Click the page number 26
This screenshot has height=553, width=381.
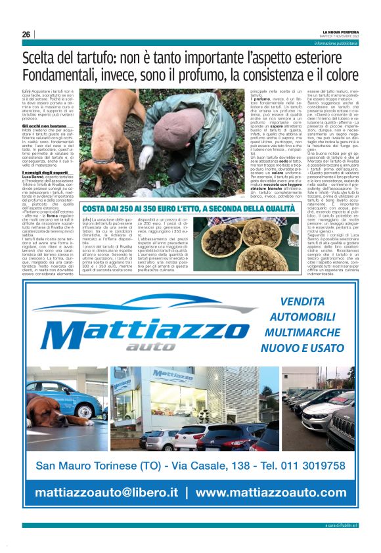coord(26,35)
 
